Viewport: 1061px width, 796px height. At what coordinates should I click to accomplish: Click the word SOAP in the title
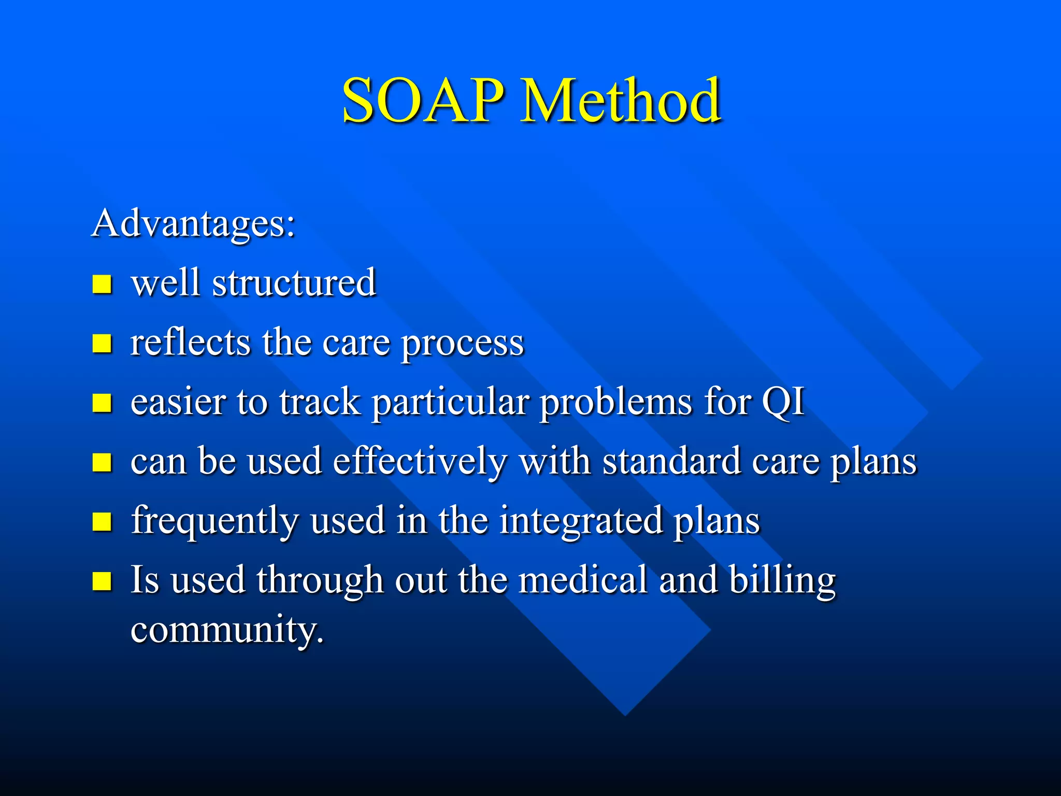[x=422, y=101]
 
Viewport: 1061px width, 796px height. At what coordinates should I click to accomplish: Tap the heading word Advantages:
[x=193, y=224]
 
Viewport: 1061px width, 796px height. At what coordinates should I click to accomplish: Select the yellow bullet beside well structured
[x=102, y=284]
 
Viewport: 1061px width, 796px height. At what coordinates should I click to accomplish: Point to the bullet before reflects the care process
[x=102, y=343]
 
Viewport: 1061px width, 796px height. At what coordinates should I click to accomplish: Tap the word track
[x=320, y=402]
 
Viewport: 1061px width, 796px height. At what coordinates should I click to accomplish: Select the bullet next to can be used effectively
[x=102, y=462]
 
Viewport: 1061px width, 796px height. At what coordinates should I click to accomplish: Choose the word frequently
[x=214, y=521]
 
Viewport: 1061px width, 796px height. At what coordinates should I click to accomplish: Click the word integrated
[x=581, y=521]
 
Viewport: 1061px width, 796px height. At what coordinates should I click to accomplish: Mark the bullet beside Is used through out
[x=102, y=581]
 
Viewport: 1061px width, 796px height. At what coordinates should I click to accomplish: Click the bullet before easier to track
[x=102, y=403]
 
